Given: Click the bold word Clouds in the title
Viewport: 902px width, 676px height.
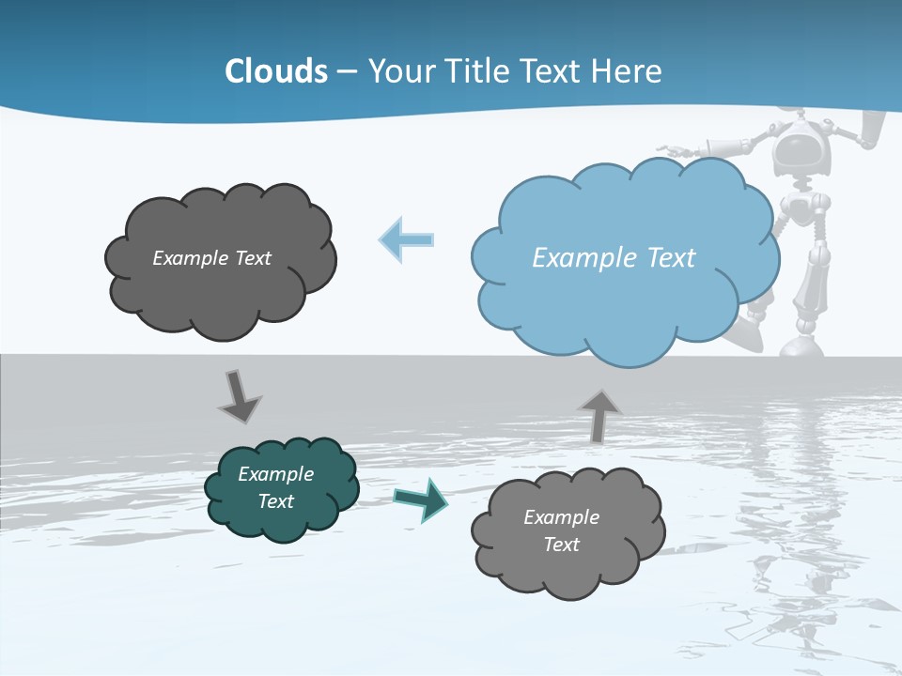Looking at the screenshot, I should pyautogui.click(x=276, y=71).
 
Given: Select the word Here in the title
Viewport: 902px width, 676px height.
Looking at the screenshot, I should pyautogui.click(x=629, y=71).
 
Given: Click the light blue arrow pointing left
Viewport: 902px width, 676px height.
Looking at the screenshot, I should pyautogui.click(x=407, y=239).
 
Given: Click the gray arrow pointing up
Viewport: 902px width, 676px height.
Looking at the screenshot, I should pyautogui.click(x=599, y=416).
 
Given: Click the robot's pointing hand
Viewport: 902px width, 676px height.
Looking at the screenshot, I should pyautogui.click(x=673, y=147).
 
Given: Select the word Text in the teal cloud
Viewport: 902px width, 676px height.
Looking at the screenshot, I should pyautogui.click(x=275, y=501).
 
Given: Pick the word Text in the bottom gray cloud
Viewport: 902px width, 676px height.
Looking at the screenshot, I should pyautogui.click(x=561, y=545).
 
